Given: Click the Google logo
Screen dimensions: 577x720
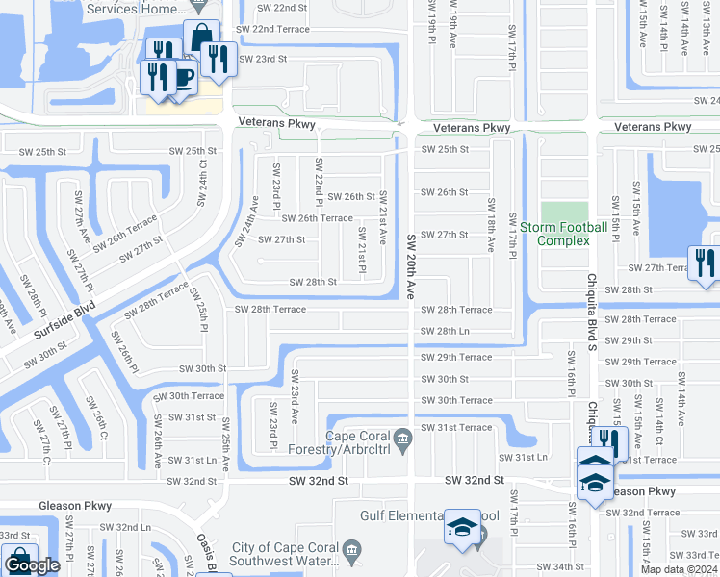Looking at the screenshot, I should (32, 566).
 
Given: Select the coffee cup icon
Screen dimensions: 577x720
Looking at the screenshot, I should (182, 77).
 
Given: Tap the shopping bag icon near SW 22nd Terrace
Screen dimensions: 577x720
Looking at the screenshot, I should (201, 38).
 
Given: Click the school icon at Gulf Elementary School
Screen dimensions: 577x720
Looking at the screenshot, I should (462, 528).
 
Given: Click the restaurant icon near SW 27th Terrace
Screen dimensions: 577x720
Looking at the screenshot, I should (704, 263).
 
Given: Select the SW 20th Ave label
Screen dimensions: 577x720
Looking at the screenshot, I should (411, 263).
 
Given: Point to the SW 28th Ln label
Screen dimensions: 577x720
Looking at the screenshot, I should (445, 331).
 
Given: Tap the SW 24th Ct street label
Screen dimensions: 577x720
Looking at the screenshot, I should (202, 183).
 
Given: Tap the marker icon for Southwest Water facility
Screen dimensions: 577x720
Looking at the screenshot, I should (352, 554).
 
